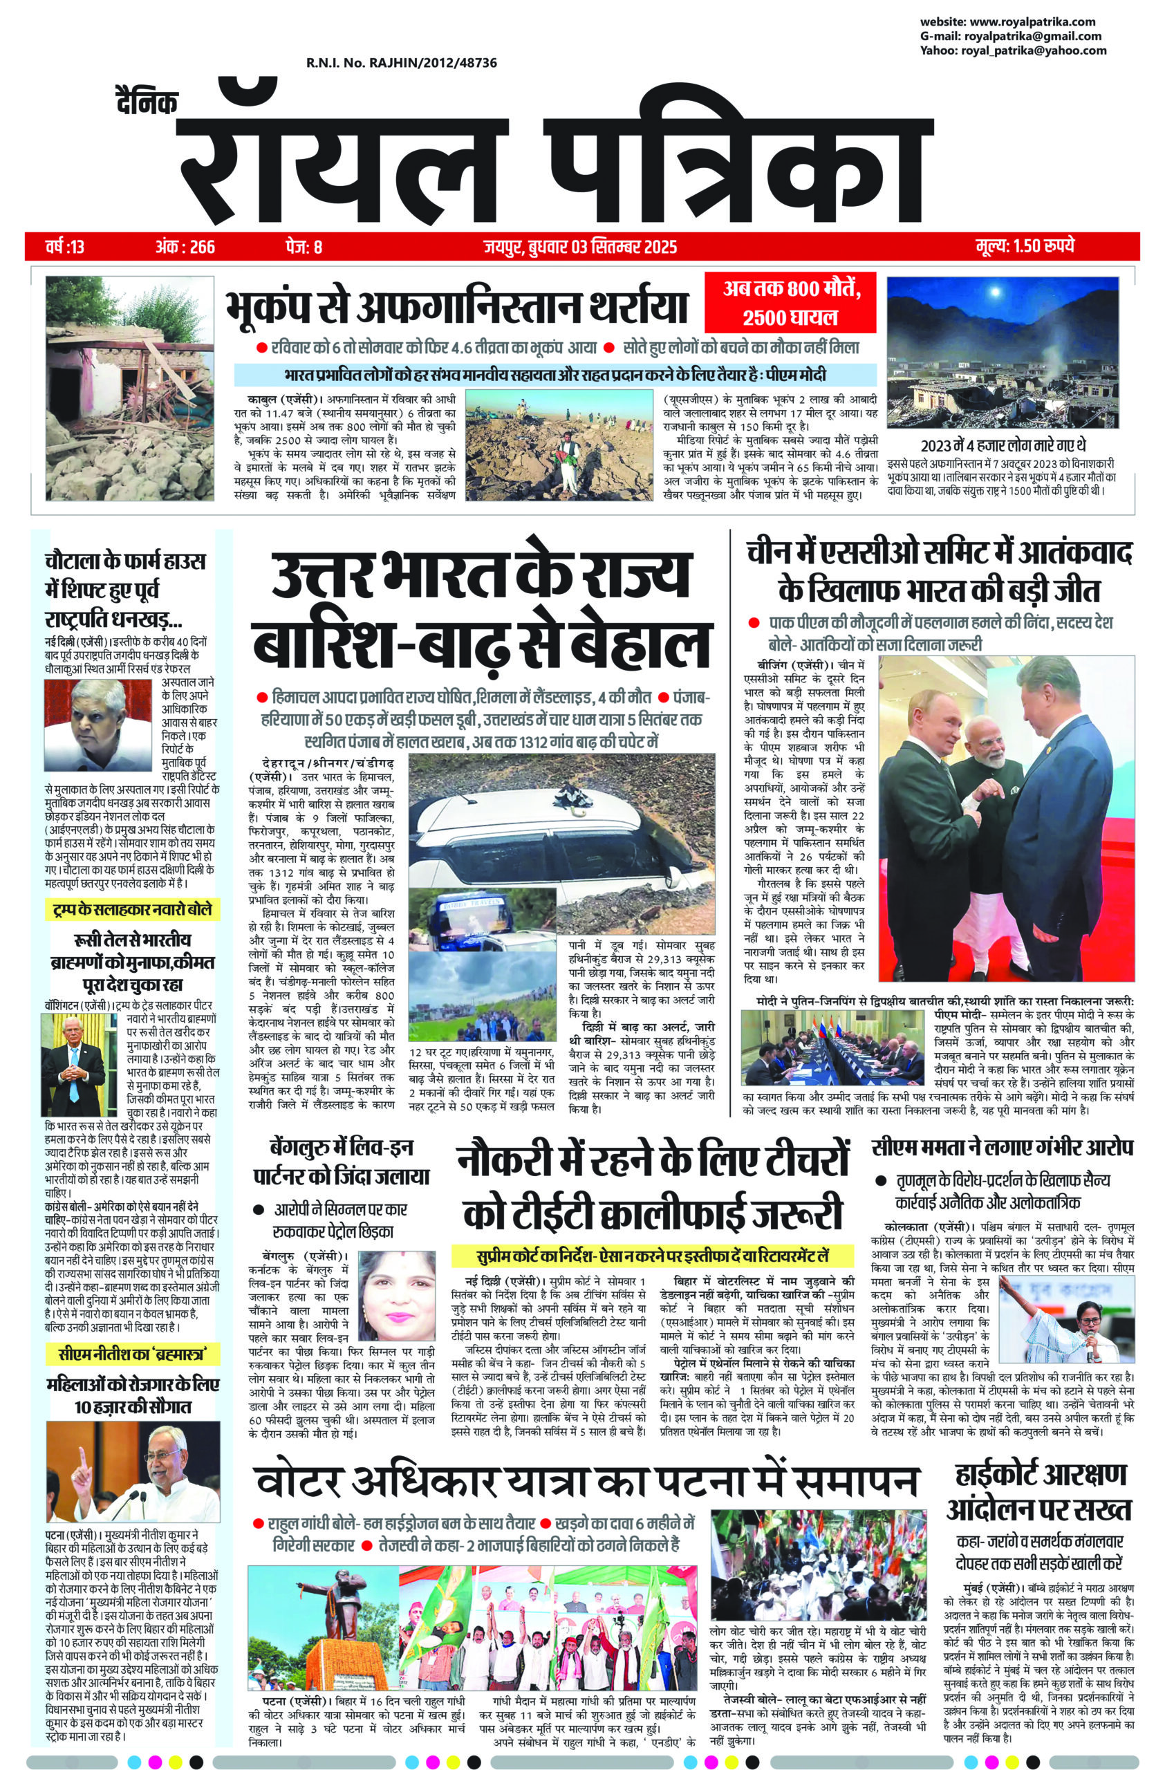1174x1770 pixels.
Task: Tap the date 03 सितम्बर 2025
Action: pos(614,246)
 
